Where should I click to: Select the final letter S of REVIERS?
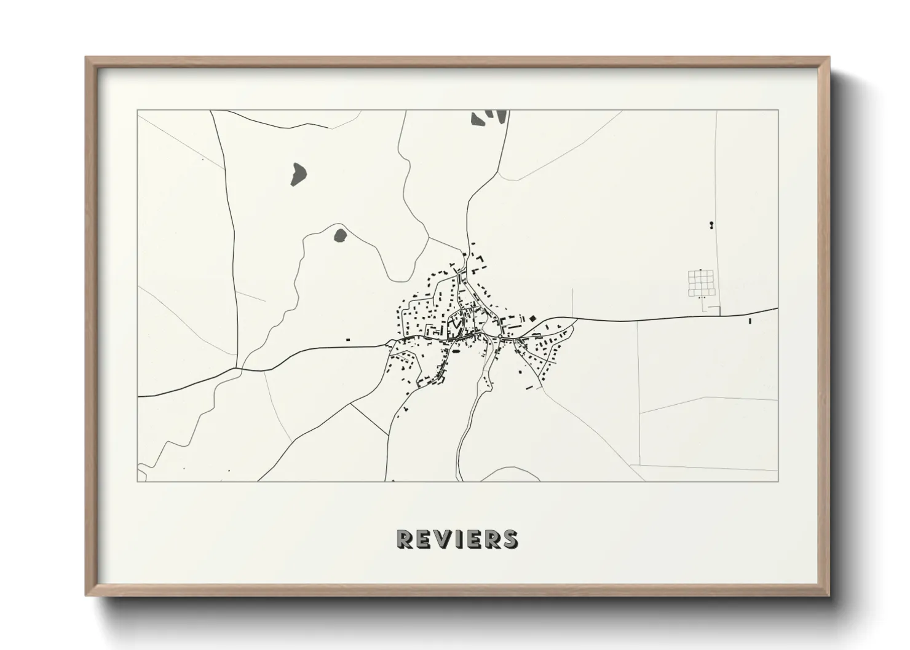[510, 539]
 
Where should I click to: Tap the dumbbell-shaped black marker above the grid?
[712, 225]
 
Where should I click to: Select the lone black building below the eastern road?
[750, 321]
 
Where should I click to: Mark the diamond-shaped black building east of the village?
[532, 318]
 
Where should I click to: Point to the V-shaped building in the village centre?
[456, 320]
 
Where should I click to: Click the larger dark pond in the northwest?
[298, 174]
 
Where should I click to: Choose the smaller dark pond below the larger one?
[339, 235]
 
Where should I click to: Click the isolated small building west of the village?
[348, 339]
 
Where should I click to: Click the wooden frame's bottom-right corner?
[829, 595]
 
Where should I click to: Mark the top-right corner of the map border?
[778, 111]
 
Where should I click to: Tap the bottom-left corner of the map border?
[138, 481]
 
